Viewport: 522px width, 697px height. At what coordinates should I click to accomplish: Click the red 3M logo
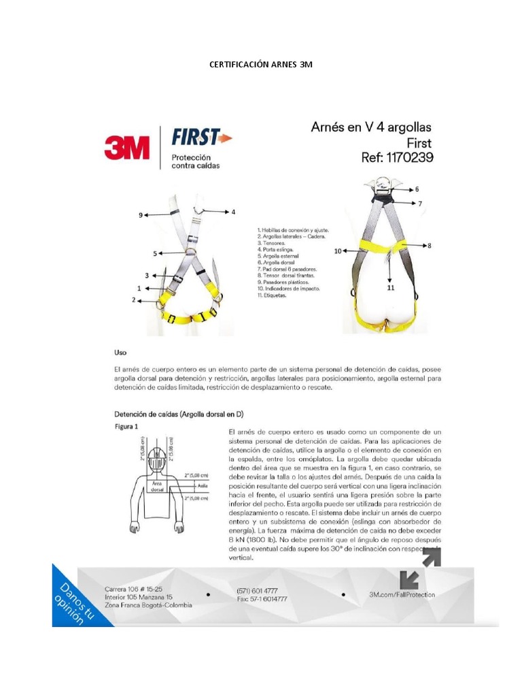127,146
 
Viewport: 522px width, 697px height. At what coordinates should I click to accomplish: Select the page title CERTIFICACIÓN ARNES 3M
260,65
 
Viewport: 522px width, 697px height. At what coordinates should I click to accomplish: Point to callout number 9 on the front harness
141,215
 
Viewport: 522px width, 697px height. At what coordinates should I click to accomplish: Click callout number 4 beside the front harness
233,212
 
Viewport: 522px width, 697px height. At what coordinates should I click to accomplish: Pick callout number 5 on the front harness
155,253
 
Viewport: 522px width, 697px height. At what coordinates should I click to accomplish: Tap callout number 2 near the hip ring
133,299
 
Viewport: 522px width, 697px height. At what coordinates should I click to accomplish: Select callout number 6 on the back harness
416,189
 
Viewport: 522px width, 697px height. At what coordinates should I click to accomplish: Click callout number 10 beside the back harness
338,251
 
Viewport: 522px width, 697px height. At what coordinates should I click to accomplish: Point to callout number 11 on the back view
390,288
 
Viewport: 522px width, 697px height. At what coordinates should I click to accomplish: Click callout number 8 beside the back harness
429,244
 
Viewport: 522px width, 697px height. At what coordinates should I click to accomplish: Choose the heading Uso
120,353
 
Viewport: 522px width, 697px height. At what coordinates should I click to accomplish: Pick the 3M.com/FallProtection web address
402,594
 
